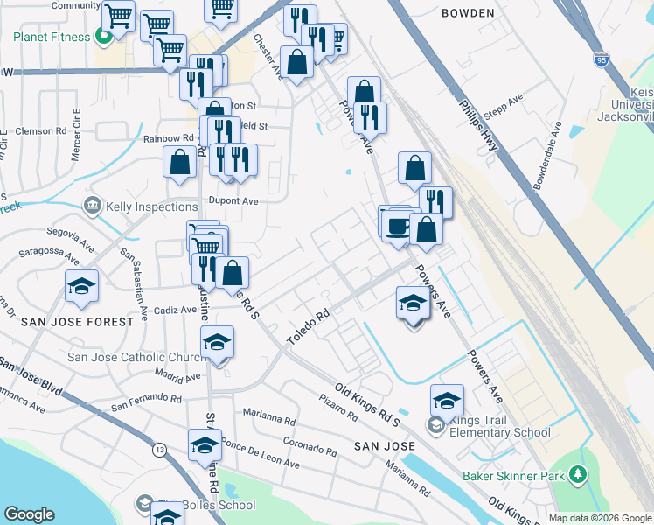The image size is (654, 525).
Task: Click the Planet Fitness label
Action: tap(51, 38)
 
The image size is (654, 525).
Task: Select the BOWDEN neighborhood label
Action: tap(468, 14)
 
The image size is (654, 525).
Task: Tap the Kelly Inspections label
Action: tap(150, 206)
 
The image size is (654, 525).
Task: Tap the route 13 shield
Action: tap(158, 450)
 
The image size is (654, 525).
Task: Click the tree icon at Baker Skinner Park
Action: tap(577, 475)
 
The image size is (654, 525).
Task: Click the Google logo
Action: tap(29, 514)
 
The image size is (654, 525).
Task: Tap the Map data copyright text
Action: tap(600, 518)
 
